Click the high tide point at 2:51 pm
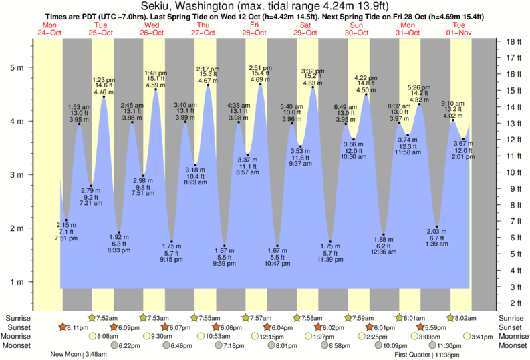click(260, 84)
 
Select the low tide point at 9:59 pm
click(225, 246)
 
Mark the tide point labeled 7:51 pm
click(65, 220)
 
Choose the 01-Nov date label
click(459, 32)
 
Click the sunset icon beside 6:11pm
click(63, 327)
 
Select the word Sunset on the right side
click(512, 327)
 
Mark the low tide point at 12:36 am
click(384, 234)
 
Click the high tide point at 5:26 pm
click(420, 104)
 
